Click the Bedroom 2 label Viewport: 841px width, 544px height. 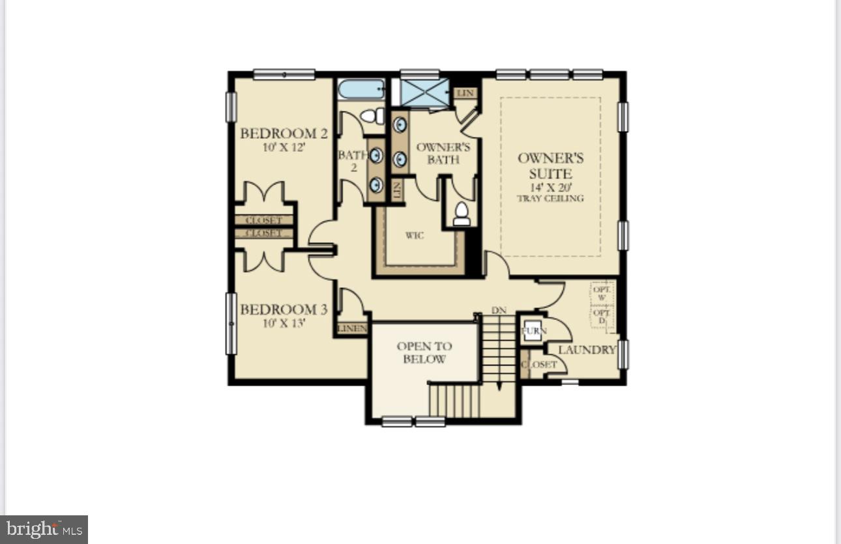click(x=284, y=134)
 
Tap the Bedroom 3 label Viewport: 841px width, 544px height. click(x=284, y=309)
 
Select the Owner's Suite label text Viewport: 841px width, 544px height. click(x=550, y=165)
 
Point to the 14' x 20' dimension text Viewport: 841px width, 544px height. click(x=550, y=188)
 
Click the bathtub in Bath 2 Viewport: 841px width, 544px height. click(x=361, y=89)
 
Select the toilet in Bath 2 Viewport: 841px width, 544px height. click(x=372, y=116)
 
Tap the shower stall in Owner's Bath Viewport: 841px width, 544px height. click(x=424, y=92)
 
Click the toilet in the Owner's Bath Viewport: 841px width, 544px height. click(x=462, y=214)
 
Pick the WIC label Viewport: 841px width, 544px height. click(x=415, y=235)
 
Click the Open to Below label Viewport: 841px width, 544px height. click(x=424, y=352)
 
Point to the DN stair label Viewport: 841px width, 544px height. click(x=499, y=311)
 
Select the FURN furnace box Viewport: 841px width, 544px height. click(x=533, y=331)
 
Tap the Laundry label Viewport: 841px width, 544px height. click(x=587, y=350)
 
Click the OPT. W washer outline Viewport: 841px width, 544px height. click(x=602, y=293)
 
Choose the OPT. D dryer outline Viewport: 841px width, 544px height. click(x=602, y=317)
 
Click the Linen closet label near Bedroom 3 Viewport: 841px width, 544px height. click(x=352, y=328)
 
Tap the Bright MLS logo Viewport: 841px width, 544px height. click(x=44, y=529)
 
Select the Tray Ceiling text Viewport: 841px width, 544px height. click(x=550, y=199)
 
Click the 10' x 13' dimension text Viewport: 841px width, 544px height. click(x=284, y=323)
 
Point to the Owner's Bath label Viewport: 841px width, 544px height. click(x=443, y=153)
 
